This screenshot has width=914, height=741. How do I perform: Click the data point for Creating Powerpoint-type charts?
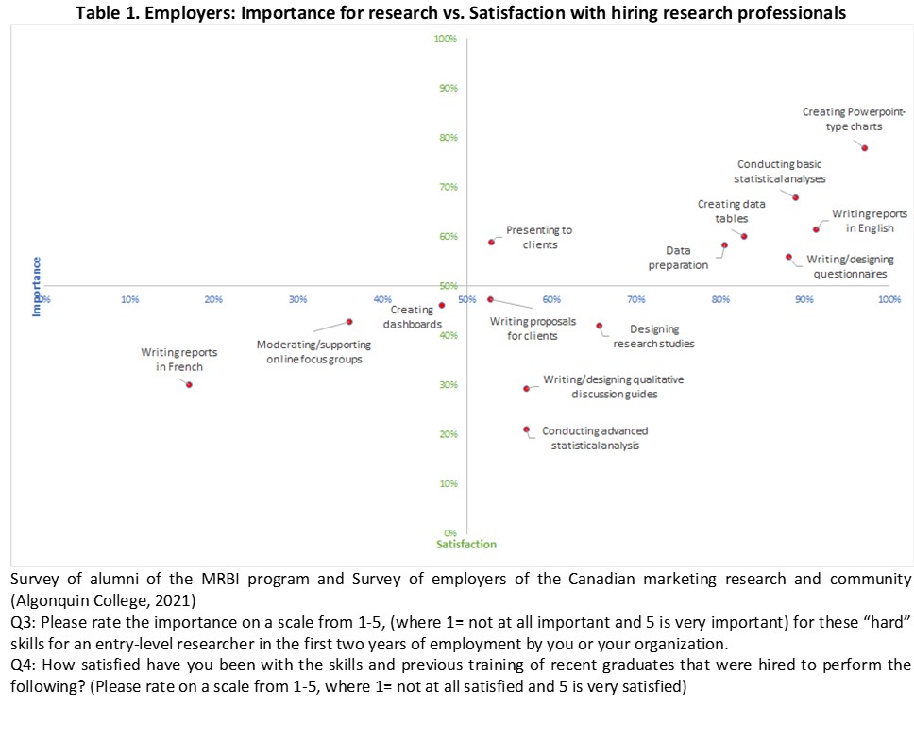coord(864,148)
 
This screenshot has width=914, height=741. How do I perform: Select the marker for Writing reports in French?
coord(189,384)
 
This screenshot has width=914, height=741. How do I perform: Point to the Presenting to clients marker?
coord(491,242)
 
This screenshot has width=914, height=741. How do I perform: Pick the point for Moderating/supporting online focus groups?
coord(349,322)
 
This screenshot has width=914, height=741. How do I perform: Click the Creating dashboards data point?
coord(442,305)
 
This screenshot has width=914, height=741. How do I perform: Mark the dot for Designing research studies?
coord(600,326)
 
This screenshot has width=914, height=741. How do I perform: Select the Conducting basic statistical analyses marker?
coord(795,197)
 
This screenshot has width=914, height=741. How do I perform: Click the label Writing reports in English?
coord(869,221)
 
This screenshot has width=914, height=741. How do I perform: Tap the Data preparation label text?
coord(678,258)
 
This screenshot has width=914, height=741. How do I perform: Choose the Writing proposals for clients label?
coord(533,328)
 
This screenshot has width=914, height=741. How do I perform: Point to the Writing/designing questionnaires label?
coord(846,266)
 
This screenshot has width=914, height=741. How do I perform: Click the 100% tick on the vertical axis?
coord(445,40)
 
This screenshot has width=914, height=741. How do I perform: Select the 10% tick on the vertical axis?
coord(450,484)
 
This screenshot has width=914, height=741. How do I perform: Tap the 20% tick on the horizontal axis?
coord(214,299)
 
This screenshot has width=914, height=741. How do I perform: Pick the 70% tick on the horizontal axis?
coord(636,299)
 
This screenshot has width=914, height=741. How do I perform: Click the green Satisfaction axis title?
coord(466,545)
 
